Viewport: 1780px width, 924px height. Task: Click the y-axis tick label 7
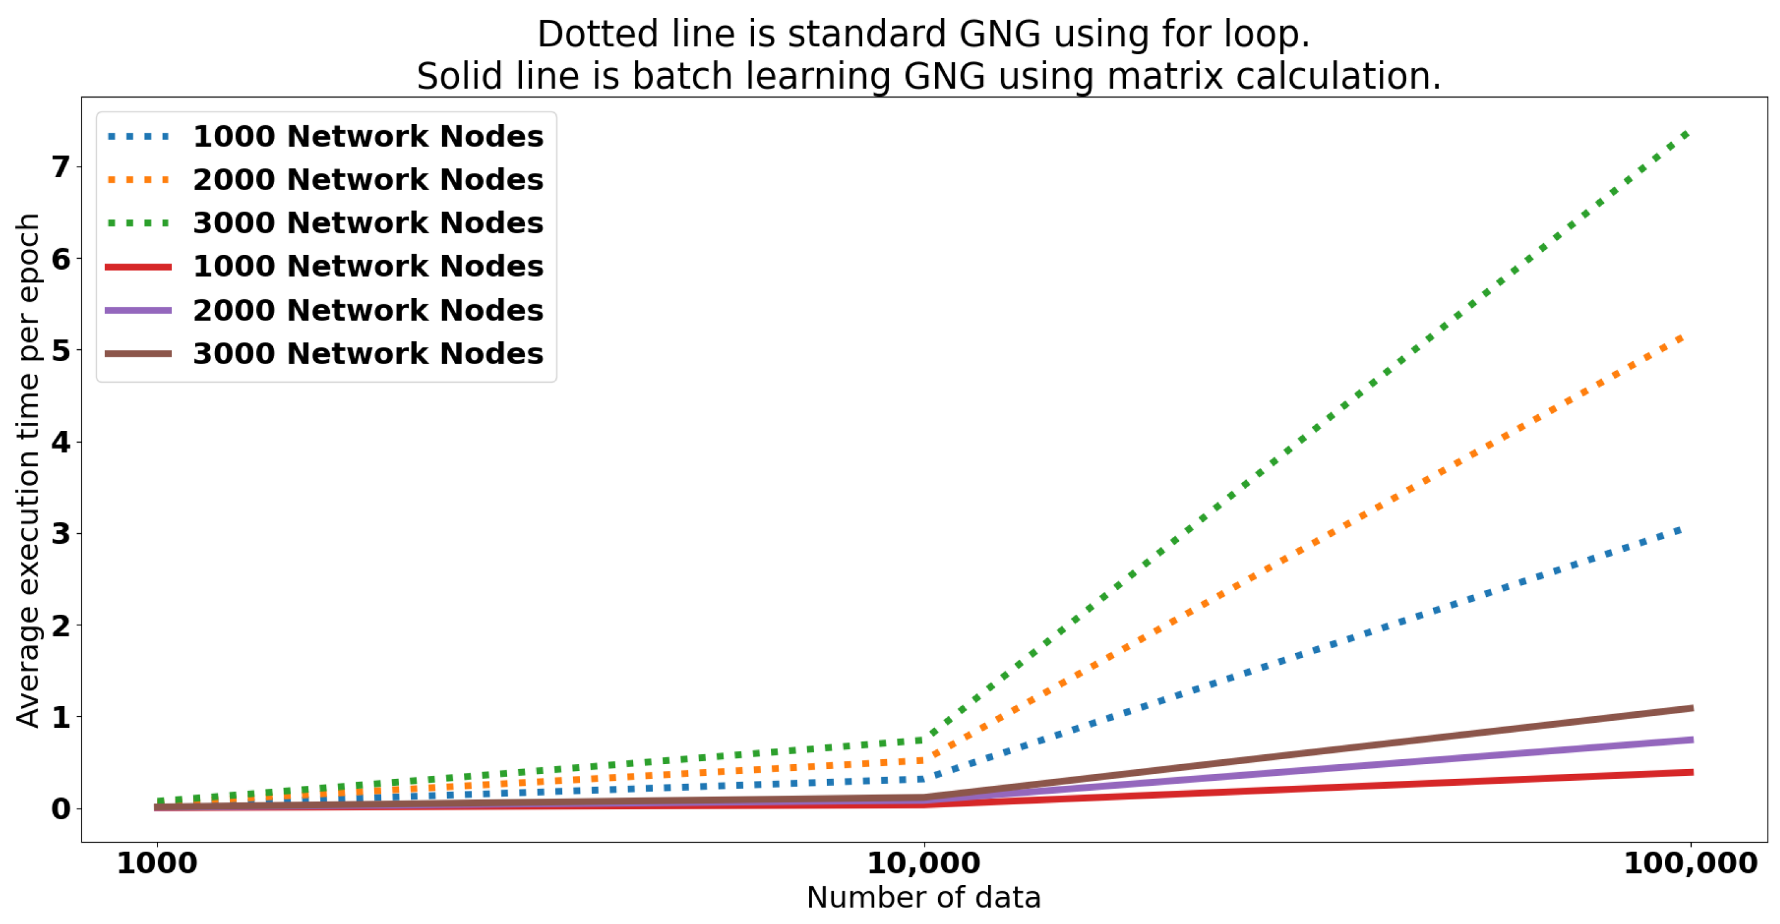click(61, 167)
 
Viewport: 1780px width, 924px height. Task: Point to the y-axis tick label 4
click(61, 442)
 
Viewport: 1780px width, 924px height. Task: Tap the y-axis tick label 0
click(61, 809)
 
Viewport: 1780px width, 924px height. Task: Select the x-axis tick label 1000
click(157, 864)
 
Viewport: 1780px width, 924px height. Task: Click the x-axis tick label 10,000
click(923, 864)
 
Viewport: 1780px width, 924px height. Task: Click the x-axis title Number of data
click(923, 897)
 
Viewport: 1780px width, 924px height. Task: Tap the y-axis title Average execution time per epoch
click(28, 470)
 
